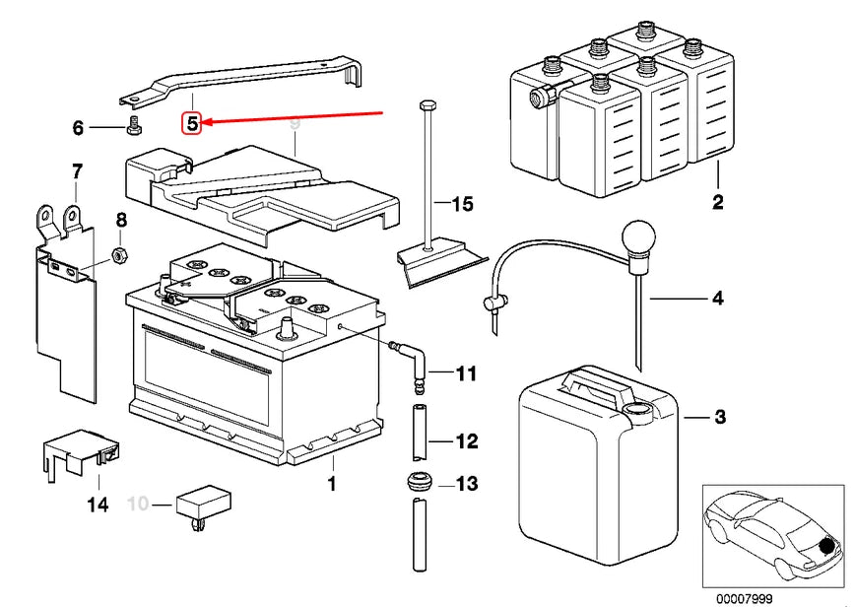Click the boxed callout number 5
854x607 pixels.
pyautogui.click(x=193, y=123)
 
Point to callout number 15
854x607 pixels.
pyautogui.click(x=462, y=205)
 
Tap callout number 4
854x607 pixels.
pyautogui.click(x=717, y=298)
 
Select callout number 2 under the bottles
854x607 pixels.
pyautogui.click(x=717, y=203)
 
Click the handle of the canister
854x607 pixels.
pyautogui.click(x=591, y=384)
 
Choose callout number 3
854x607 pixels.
pyautogui.click(x=719, y=418)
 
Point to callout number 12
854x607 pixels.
pyautogui.click(x=466, y=441)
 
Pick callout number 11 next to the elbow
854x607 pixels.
pyautogui.click(x=466, y=373)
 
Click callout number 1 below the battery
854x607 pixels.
pyautogui.click(x=332, y=484)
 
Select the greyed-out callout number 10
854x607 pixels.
pyautogui.click(x=138, y=505)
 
